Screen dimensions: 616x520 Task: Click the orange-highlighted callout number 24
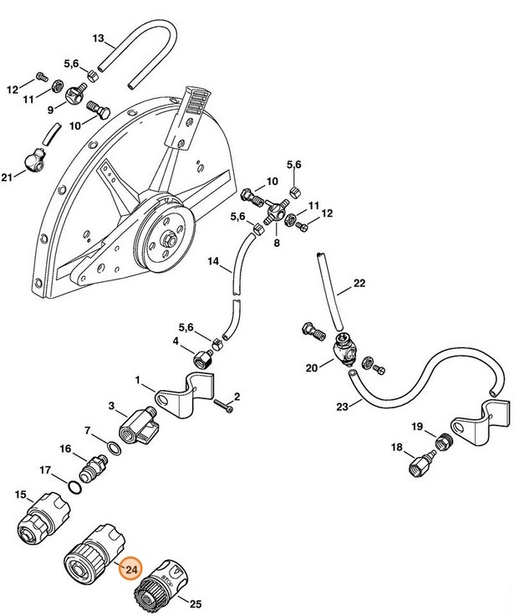pyautogui.click(x=131, y=570)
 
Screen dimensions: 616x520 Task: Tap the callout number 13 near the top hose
pyautogui.click(x=98, y=38)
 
